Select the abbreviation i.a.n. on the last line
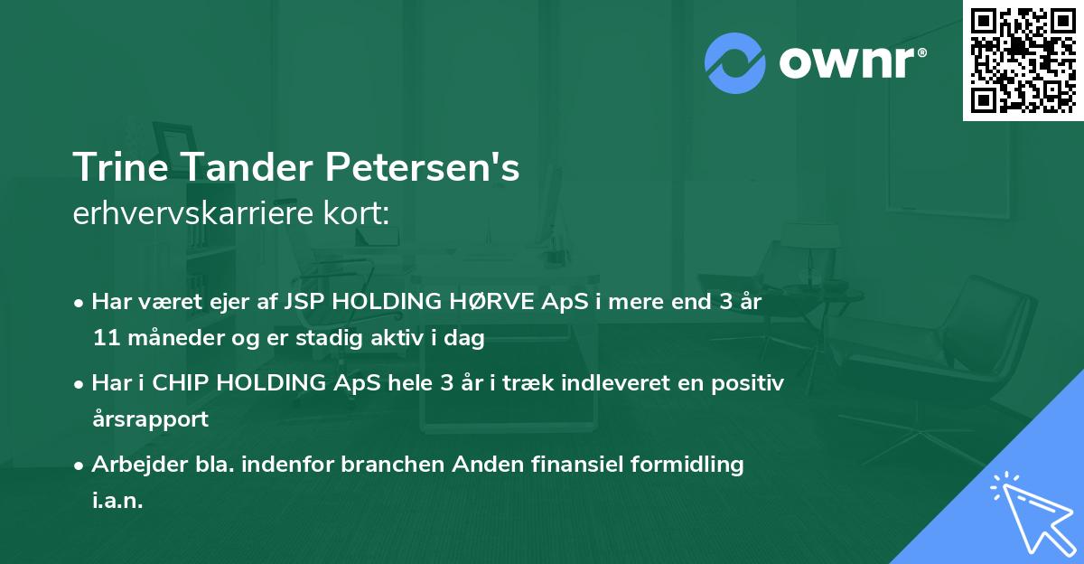click(117, 501)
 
